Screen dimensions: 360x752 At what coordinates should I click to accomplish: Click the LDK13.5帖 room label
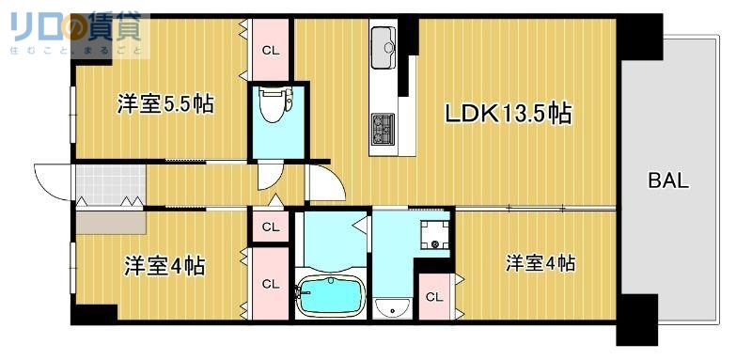pyautogui.click(x=509, y=114)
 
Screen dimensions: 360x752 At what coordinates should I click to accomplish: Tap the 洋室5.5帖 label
pyautogui.click(x=165, y=103)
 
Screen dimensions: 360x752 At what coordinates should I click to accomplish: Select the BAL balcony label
pyautogui.click(x=668, y=180)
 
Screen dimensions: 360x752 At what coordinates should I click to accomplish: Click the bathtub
pyautogui.click(x=330, y=297)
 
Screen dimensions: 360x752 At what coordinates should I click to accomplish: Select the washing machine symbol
pyautogui.click(x=434, y=234)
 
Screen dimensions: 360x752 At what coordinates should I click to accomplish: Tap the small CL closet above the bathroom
pyautogui.click(x=271, y=227)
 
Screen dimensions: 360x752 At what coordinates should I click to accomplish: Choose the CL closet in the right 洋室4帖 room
pyautogui.click(x=433, y=297)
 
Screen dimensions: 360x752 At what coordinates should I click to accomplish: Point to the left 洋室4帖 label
pyautogui.click(x=165, y=267)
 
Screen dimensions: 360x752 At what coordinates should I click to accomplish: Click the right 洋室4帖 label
pyautogui.click(x=540, y=263)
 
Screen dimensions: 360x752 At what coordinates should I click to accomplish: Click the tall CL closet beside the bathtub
pyautogui.click(x=271, y=283)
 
